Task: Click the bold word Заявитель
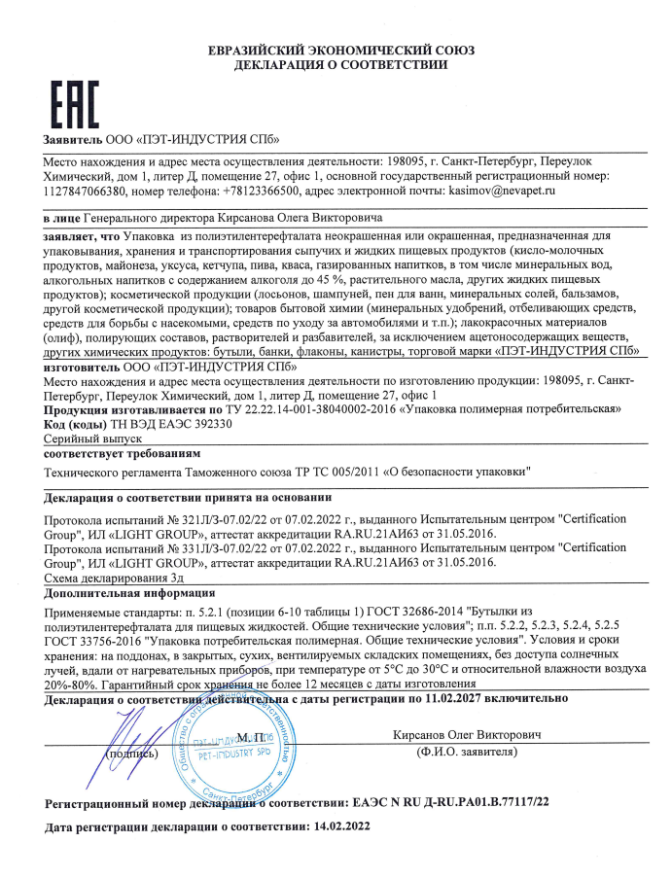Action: tap(72, 140)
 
